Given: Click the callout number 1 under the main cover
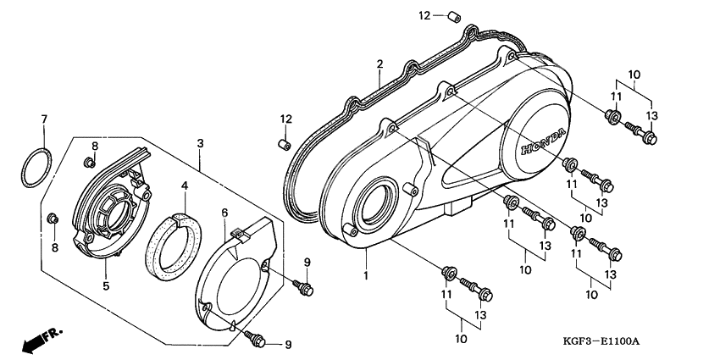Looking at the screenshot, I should (366, 276).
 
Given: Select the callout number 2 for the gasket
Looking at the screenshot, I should (380, 64).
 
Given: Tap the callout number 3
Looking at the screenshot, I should (200, 143).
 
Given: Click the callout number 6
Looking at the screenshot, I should (224, 212).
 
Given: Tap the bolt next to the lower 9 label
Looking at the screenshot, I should (255, 338).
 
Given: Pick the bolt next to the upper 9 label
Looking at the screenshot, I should (302, 288).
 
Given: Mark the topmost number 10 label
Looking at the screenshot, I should (634, 73).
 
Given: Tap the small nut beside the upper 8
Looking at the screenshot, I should (87, 161).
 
